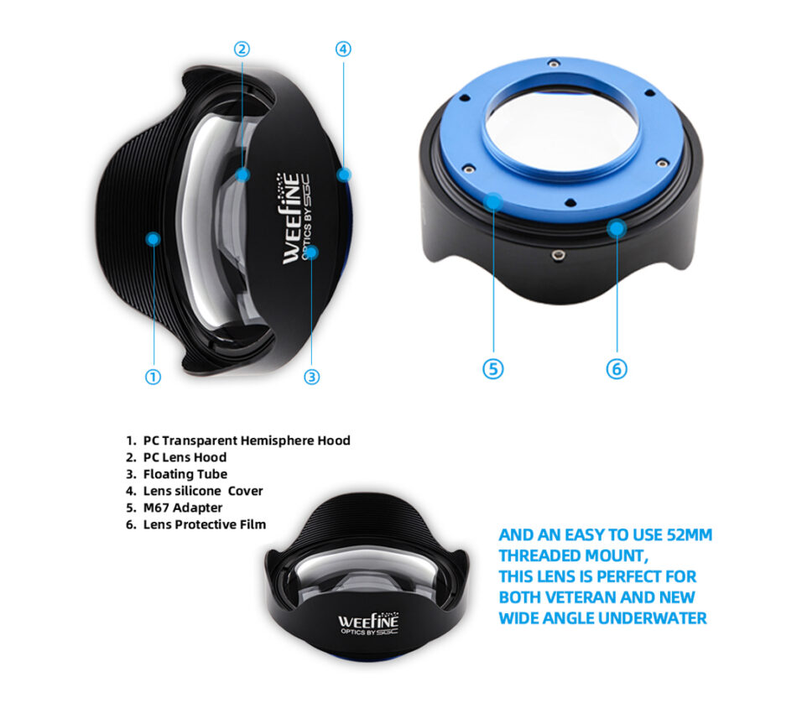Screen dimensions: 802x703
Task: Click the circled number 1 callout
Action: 153,377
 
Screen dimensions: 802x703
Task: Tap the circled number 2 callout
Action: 242,49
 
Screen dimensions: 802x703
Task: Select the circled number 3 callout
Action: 312,377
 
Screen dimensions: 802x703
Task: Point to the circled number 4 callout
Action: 343,49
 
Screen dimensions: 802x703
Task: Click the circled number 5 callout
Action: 493,368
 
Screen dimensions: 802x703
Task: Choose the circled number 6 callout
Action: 617,368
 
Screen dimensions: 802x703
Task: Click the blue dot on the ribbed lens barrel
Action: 153,238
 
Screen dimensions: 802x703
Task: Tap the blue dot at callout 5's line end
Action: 493,201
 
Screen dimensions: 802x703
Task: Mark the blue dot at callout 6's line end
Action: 617,227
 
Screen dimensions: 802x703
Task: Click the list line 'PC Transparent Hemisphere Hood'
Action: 247,440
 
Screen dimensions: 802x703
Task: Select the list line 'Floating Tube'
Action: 185,474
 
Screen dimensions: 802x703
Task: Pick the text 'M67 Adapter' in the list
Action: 183,508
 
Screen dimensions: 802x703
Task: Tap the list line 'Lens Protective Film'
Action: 205,524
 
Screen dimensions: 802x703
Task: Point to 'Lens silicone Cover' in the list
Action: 203,491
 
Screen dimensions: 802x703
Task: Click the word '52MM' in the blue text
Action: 690,535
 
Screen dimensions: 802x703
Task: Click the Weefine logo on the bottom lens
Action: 367,624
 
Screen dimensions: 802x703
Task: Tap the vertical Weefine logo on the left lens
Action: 295,218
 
